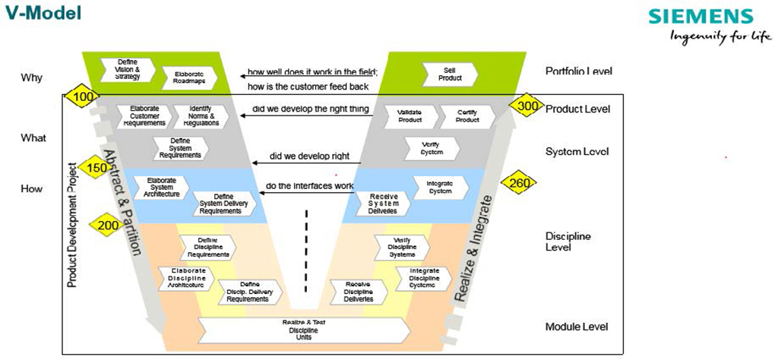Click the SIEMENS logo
[x=701, y=17]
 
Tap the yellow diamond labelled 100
[x=83, y=97]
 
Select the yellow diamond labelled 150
[x=96, y=168]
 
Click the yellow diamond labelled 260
[x=519, y=183]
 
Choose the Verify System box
[x=432, y=148]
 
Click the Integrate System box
[x=438, y=187]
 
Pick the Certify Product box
[x=467, y=116]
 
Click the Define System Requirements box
[x=180, y=148]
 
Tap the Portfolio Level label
[x=578, y=71]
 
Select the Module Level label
[x=577, y=327]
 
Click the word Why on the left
[x=31, y=77]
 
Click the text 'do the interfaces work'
[x=309, y=186]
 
